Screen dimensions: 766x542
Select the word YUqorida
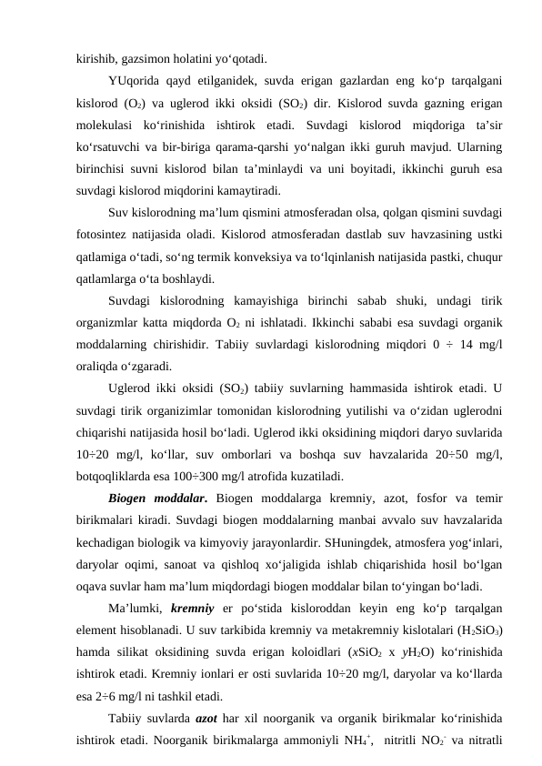(x=135, y=78)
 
